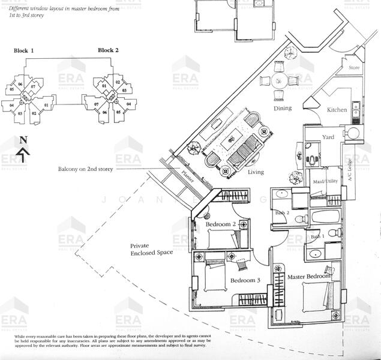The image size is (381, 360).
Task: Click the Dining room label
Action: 283,109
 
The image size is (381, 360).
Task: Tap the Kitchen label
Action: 337,110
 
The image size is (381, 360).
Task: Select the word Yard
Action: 328,137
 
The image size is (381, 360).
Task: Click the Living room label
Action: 256,172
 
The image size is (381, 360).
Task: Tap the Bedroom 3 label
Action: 244,280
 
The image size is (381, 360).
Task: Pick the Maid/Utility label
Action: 325,181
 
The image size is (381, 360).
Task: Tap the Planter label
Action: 188,176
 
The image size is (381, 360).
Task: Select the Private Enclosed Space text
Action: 151,249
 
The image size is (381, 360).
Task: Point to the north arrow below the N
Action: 23,155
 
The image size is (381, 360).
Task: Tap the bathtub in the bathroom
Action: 325,217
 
